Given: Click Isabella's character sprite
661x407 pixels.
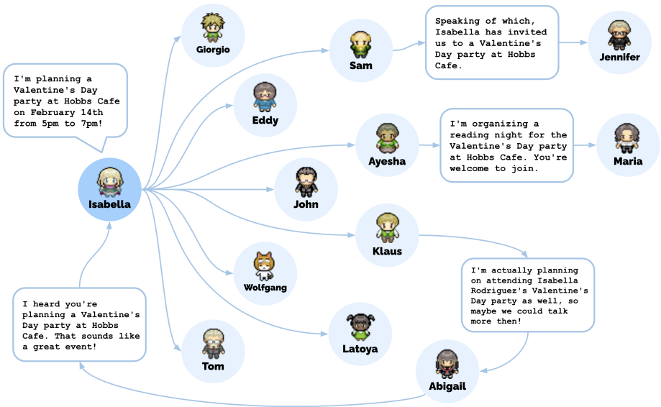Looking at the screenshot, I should point(109,180).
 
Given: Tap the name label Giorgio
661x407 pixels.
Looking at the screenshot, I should point(213,50).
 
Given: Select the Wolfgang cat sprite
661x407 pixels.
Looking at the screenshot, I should point(265,266).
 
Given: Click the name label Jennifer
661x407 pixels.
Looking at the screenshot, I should point(619,57).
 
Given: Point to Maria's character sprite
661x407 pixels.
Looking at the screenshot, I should point(627,137).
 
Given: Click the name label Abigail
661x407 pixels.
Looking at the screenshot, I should point(447,386).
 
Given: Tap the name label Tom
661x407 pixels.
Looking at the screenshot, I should point(213,366).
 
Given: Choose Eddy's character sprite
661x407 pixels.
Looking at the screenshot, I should point(265,97).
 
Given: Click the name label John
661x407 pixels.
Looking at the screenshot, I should point(306,204).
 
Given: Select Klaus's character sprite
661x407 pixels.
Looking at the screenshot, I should point(387,227).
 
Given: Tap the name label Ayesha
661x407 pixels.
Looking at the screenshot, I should point(387,161).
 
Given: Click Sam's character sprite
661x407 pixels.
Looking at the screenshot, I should point(360,44).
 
